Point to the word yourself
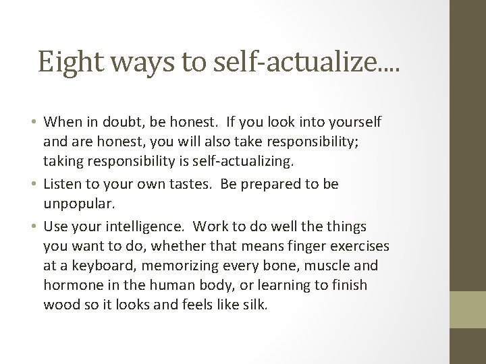350,122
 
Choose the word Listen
63,183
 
